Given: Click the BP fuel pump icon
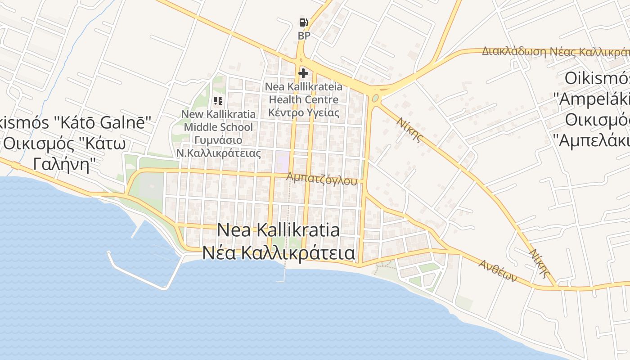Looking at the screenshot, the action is click(304, 22).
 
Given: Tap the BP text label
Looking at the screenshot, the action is click(304, 36).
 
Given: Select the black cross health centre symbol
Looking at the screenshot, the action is click(303, 73).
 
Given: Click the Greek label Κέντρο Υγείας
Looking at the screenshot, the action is click(304, 112).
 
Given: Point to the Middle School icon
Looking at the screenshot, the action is click(218, 101).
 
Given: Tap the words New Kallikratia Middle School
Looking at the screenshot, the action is click(218, 121).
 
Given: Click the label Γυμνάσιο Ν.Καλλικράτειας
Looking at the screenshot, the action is click(218, 147).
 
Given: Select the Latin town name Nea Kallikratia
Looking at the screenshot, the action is click(278, 230).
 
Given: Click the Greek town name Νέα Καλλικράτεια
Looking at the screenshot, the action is click(278, 253).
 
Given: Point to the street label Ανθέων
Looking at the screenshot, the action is click(497, 270).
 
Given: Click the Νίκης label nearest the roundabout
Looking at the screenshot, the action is click(410, 130).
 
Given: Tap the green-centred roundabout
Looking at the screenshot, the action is click(375, 97).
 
